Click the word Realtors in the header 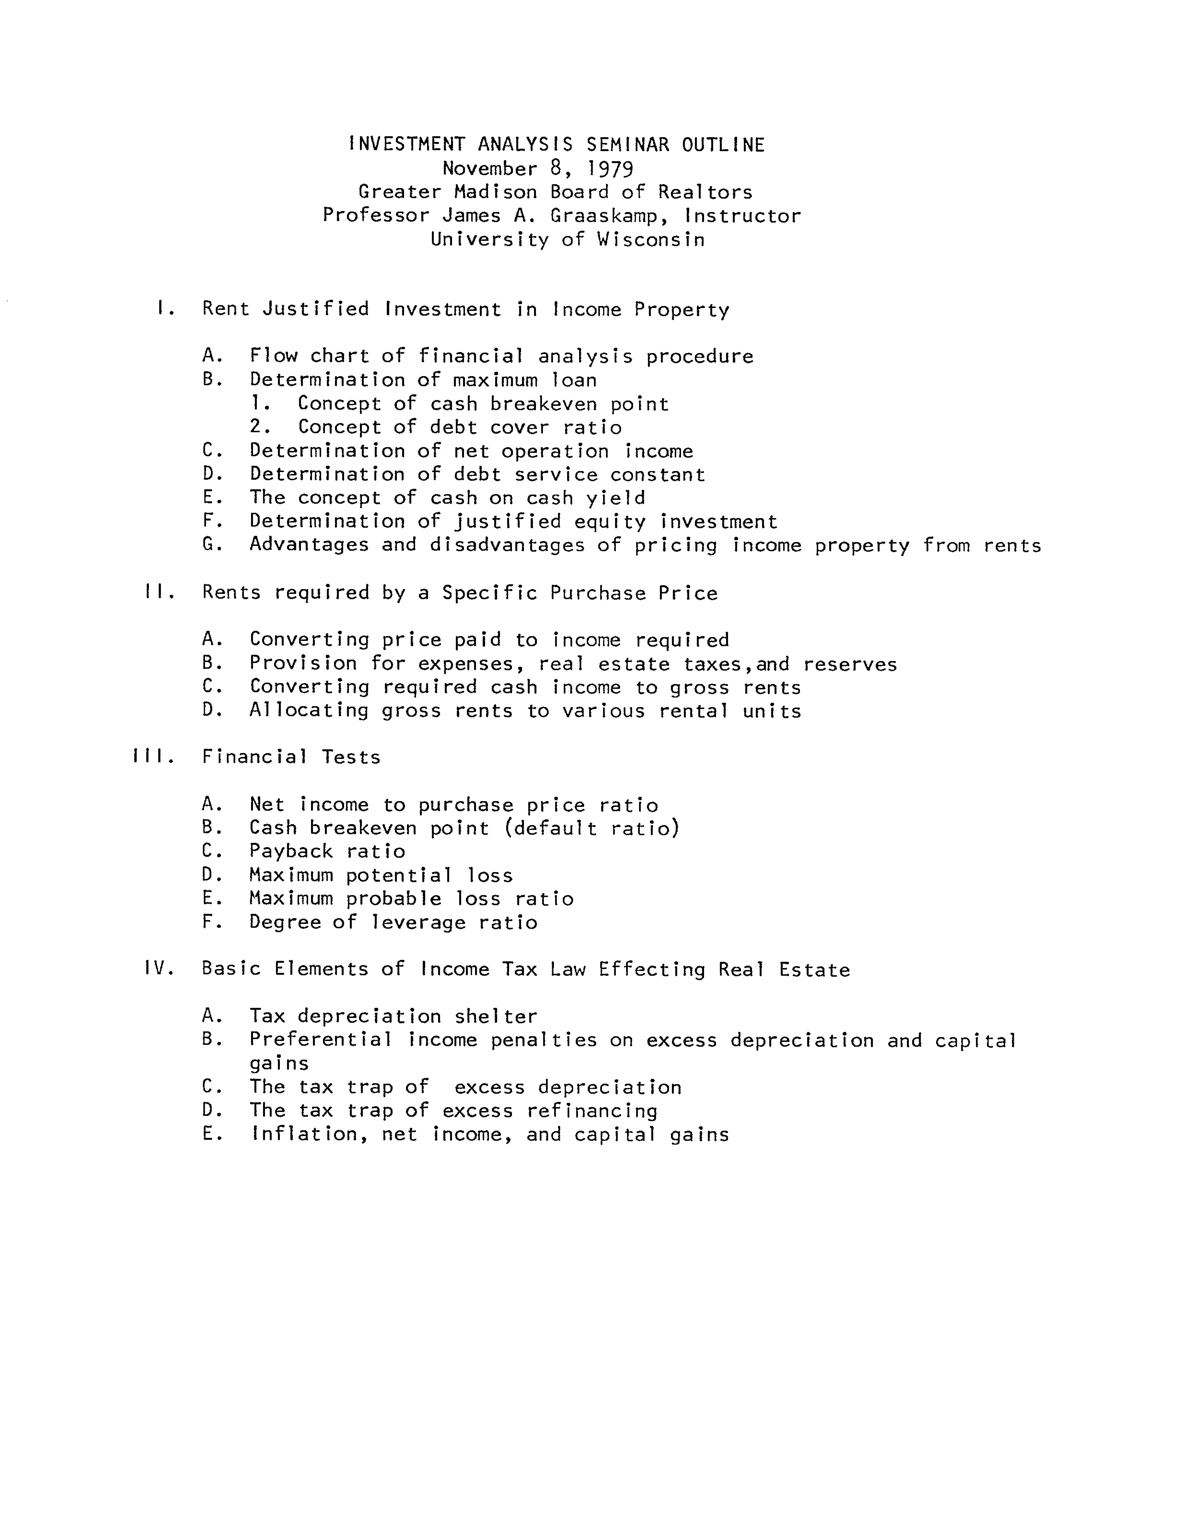(x=705, y=192)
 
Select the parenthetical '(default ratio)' (x=592, y=828)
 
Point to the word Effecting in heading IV (x=652, y=969)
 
